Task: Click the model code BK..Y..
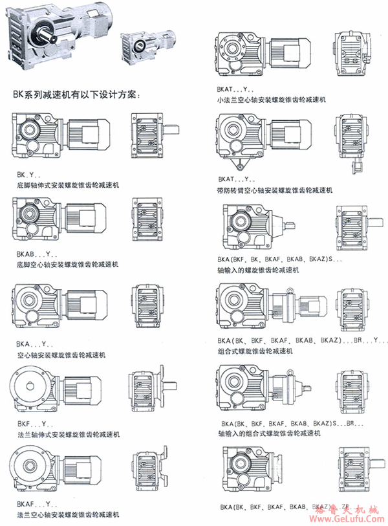pyautogui.click(x=28, y=175)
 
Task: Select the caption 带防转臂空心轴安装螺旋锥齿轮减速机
pyautogui.click(x=275, y=190)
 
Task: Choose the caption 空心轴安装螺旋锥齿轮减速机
pyautogui.click(x=61, y=355)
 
